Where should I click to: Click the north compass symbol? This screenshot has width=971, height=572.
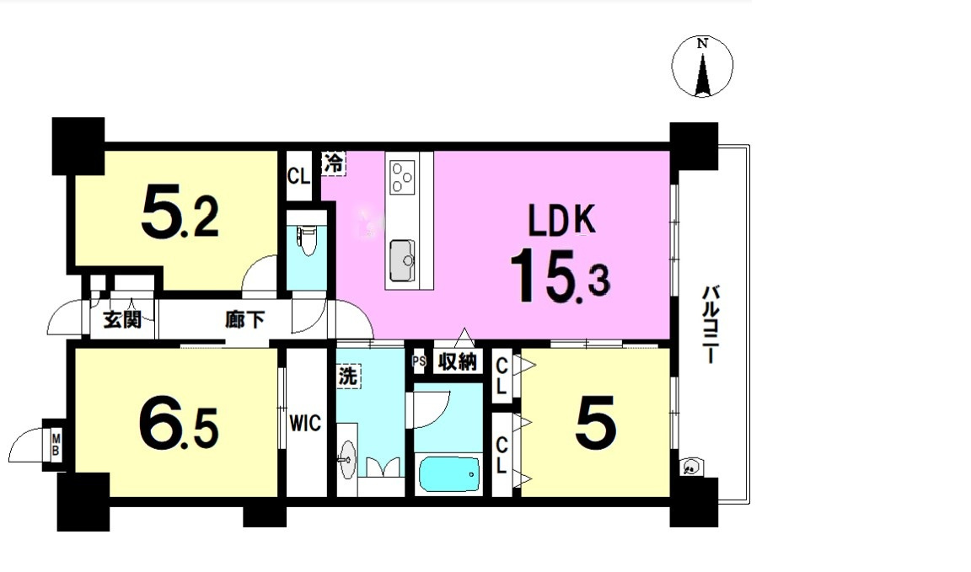[702, 67]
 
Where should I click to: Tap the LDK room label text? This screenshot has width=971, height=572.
[561, 220]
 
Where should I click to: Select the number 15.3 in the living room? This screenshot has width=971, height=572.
[560, 276]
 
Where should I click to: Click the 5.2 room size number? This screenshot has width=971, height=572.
[180, 214]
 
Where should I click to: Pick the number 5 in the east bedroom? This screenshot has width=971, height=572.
[596, 424]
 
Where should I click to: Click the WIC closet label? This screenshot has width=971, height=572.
[305, 424]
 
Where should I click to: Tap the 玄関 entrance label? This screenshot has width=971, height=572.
[122, 319]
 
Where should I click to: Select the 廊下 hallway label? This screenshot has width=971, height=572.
[244, 319]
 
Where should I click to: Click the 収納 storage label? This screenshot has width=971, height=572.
[458, 361]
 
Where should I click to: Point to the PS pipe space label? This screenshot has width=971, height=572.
[419, 361]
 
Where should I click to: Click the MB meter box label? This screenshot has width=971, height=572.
[56, 445]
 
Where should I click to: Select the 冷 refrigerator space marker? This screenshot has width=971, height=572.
[333, 163]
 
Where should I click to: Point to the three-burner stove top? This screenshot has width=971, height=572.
[401, 176]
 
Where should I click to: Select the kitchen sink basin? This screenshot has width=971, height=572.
[402, 260]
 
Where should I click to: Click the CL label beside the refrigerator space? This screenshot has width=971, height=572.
[298, 176]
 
